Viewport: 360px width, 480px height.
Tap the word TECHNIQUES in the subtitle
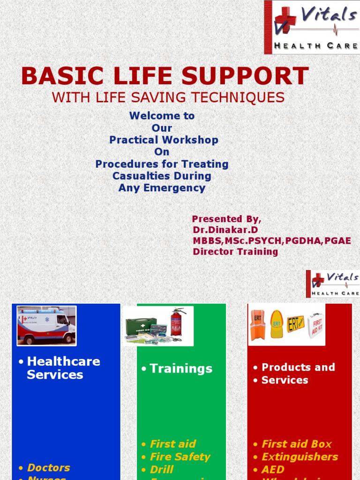[x=240, y=97]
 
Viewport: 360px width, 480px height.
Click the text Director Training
[x=235, y=252]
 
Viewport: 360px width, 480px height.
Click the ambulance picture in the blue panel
[x=46, y=325]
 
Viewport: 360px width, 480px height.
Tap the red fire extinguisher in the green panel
[x=176, y=322]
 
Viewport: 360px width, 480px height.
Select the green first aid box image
[x=141, y=325]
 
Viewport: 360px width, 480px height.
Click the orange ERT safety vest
[x=257, y=324]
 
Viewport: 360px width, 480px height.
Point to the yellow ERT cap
[x=277, y=324]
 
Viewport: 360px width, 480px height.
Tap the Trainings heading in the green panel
[x=181, y=369]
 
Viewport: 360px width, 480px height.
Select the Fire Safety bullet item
[x=180, y=457]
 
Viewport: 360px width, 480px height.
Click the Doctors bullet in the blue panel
[x=48, y=467]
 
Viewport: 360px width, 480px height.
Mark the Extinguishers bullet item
[x=300, y=457]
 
